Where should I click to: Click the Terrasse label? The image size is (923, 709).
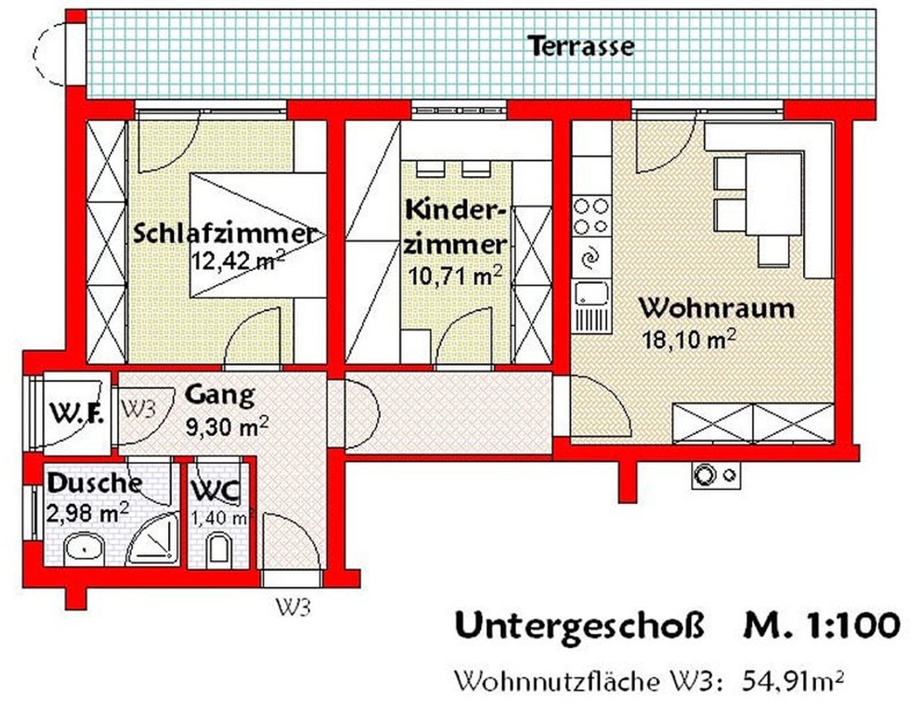[x=582, y=46]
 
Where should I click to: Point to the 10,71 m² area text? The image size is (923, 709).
[x=456, y=276]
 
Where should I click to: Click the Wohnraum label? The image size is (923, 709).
[x=717, y=308]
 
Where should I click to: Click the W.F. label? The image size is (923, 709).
[x=77, y=412]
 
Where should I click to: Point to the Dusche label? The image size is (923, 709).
[x=95, y=483]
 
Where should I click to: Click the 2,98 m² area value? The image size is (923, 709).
[x=87, y=513]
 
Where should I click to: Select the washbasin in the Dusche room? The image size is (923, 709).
[x=84, y=549]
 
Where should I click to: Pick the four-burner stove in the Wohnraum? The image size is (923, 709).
[x=591, y=217]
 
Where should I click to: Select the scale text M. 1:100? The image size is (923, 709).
[x=821, y=637]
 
